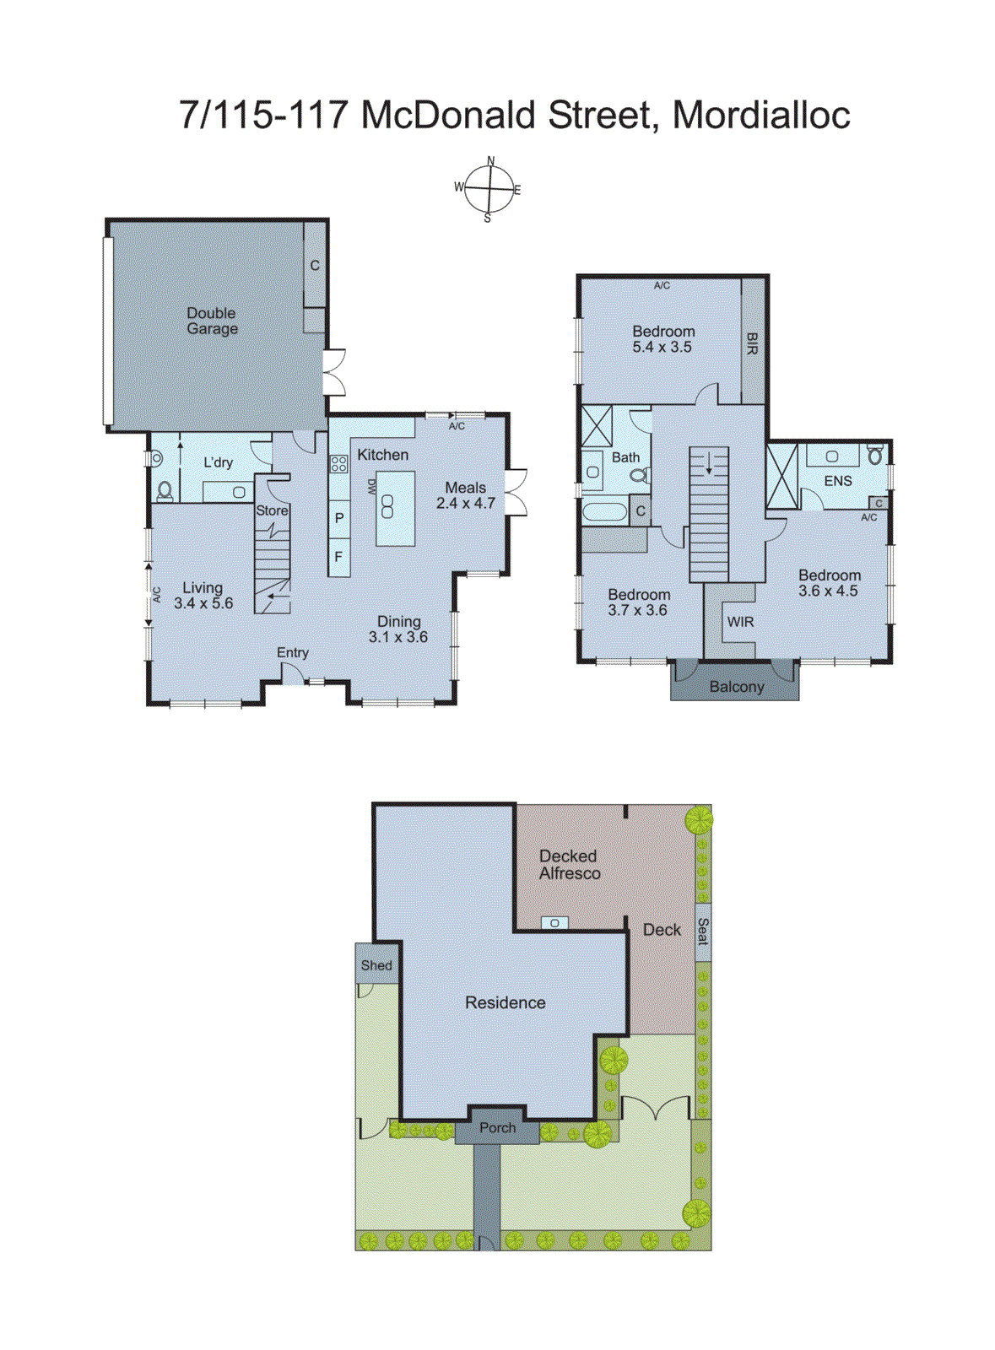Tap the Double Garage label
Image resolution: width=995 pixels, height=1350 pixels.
(x=212, y=321)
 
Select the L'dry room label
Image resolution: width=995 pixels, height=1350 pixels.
(x=218, y=462)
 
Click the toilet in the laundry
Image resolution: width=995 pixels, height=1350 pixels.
(x=165, y=490)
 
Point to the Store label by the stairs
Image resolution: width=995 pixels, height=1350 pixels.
(x=272, y=510)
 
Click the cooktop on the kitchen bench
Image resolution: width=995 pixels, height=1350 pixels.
(x=338, y=463)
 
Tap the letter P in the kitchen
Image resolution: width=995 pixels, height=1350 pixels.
(x=338, y=518)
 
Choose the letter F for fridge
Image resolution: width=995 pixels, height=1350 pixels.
(x=338, y=557)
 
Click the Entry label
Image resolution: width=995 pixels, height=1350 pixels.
(x=292, y=652)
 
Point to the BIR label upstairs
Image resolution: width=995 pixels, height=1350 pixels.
(x=752, y=343)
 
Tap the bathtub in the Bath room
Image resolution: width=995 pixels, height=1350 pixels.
(x=604, y=512)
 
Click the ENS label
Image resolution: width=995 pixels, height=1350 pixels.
(x=837, y=481)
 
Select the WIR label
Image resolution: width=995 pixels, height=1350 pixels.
(x=740, y=622)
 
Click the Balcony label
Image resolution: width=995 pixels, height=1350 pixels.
(x=736, y=687)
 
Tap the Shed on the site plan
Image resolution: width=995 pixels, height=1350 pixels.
(x=376, y=965)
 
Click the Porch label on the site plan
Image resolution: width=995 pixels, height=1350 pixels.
(x=497, y=1127)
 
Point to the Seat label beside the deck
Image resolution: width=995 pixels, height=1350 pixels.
(x=703, y=931)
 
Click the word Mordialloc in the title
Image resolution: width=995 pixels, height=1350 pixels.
(x=760, y=116)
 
